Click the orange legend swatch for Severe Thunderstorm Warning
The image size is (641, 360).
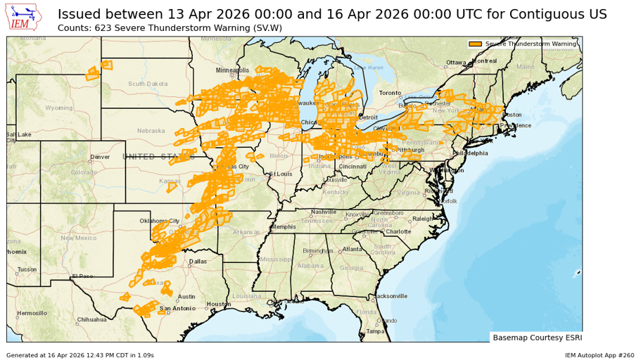coord(476,44)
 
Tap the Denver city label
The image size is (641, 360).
coord(100,157)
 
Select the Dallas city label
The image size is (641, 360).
coord(198,262)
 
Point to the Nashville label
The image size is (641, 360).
coord(324,212)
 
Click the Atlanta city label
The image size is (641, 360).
coord(352,250)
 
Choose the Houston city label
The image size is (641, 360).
coord(219,304)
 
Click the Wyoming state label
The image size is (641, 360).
coord(58,108)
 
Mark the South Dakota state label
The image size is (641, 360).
coord(148,84)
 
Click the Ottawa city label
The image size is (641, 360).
coord(456,63)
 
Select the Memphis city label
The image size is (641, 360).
coord(284,227)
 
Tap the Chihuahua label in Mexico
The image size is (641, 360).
coord(92,319)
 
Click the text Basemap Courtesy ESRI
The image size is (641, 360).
coord(535,337)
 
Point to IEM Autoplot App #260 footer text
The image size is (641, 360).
coord(599,355)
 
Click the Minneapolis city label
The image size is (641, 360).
coord(232,70)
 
